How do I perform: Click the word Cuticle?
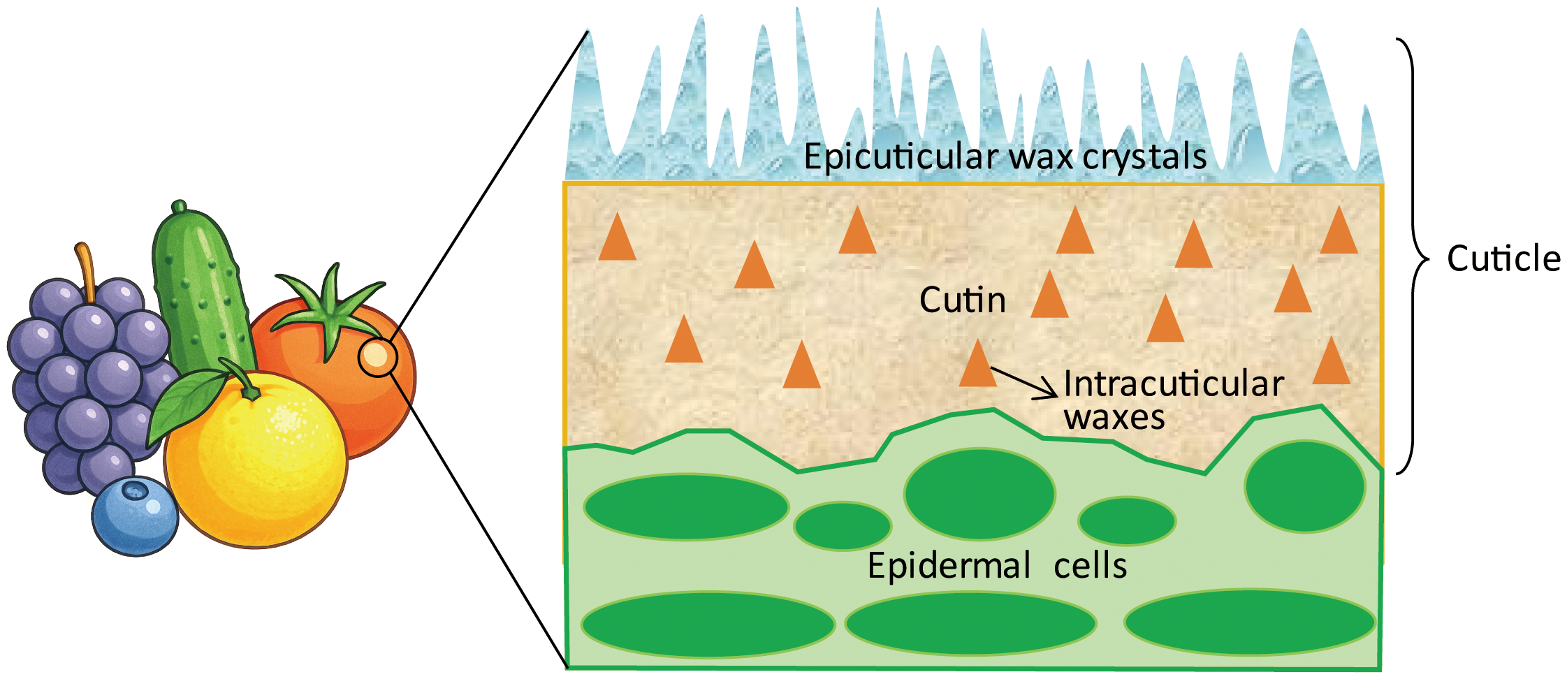[x=1503, y=259]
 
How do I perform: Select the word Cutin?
[x=962, y=300]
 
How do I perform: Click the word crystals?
[x=1144, y=156]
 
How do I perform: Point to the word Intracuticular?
[x=1174, y=384]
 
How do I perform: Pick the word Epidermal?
[x=949, y=565]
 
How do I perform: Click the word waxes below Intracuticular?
[x=1114, y=417]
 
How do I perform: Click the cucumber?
[x=203, y=293]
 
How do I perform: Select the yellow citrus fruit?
[x=258, y=461]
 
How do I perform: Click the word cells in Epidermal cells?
[x=1090, y=565]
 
